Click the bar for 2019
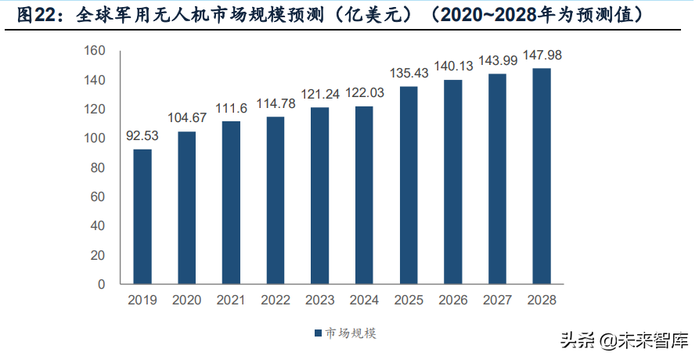[142, 216]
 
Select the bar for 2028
[541, 176]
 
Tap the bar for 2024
[364, 195]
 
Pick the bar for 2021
[231, 202]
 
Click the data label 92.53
[142, 136]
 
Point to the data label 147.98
[541, 56]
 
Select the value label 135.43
[409, 74]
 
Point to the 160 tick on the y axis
[94, 51]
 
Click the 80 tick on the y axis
[97, 167]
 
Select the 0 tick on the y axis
[101, 284]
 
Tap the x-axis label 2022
[276, 301]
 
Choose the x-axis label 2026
[452, 301]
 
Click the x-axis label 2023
[319, 301]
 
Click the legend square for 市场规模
[318, 334]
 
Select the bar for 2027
[497, 178]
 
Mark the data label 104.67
[187, 118]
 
